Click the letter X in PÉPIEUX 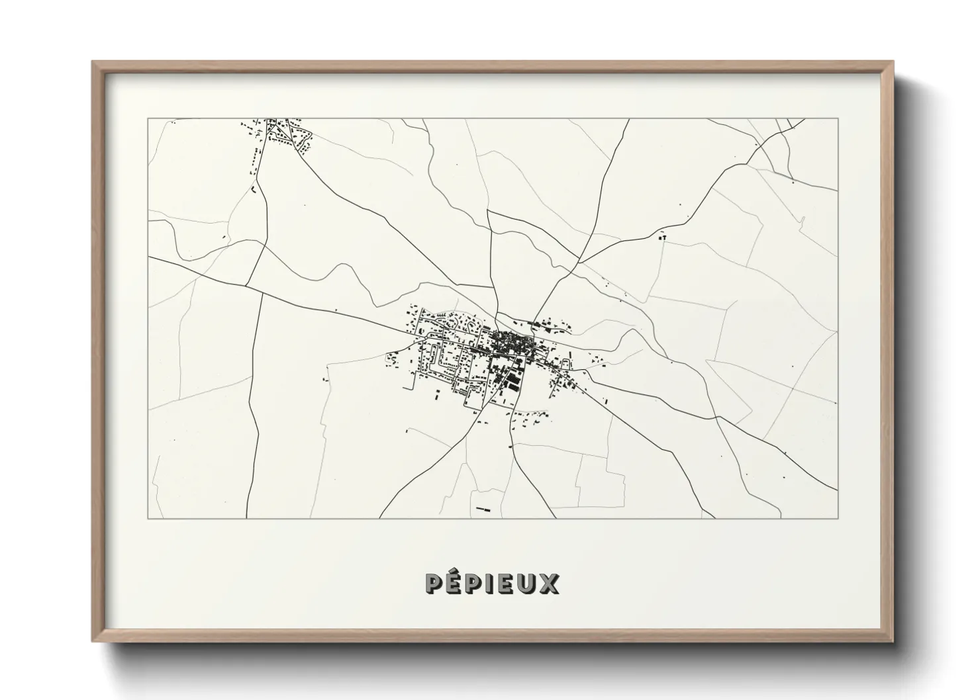point(550,584)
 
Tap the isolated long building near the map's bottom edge point(481,509)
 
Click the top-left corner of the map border point(148,119)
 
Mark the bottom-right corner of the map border point(838,518)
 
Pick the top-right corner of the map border point(838,119)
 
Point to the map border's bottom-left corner point(148,518)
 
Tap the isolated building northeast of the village point(661,236)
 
